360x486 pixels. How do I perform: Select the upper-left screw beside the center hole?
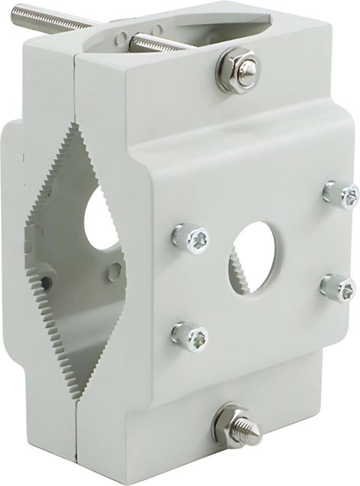pos(192,238)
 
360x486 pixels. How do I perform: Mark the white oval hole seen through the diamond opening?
pos(96,218)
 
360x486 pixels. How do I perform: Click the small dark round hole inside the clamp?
pos(46,283)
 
